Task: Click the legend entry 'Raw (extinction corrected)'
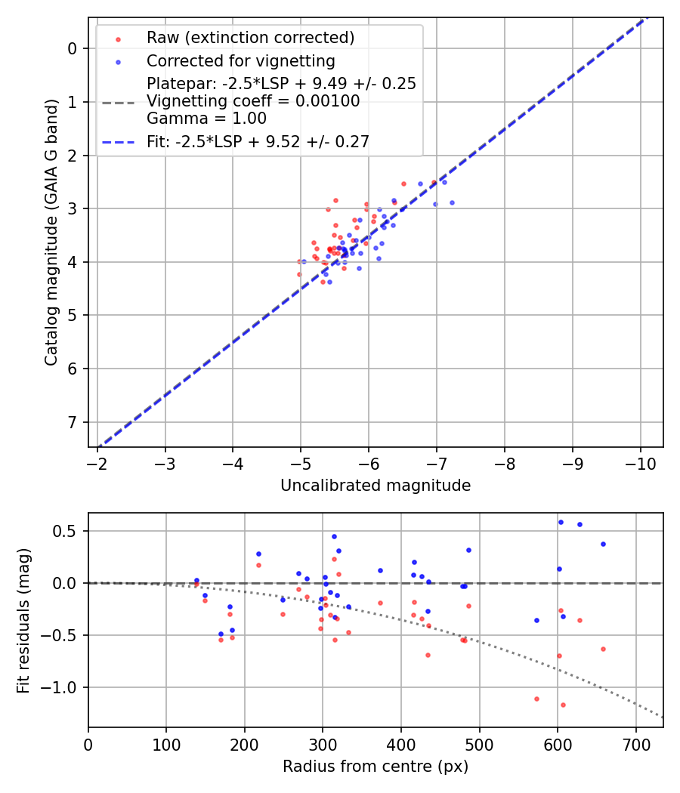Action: coord(250,38)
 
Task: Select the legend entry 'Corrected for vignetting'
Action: coord(240,60)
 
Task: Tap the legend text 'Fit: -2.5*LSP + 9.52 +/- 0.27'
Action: coord(258,141)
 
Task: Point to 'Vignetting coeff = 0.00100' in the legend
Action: coord(253,101)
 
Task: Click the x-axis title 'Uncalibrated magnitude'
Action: coord(376,486)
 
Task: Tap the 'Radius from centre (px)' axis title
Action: coord(376,767)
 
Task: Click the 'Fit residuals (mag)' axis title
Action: coord(23,619)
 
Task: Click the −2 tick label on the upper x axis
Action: coord(97,462)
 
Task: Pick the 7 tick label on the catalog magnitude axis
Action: coord(73,422)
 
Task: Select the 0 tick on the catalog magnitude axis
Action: coord(73,48)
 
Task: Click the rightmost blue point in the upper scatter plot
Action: coord(452,202)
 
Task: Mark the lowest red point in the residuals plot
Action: coord(563,705)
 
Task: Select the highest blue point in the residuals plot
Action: coord(561,522)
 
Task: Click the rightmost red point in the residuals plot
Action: coord(603,649)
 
